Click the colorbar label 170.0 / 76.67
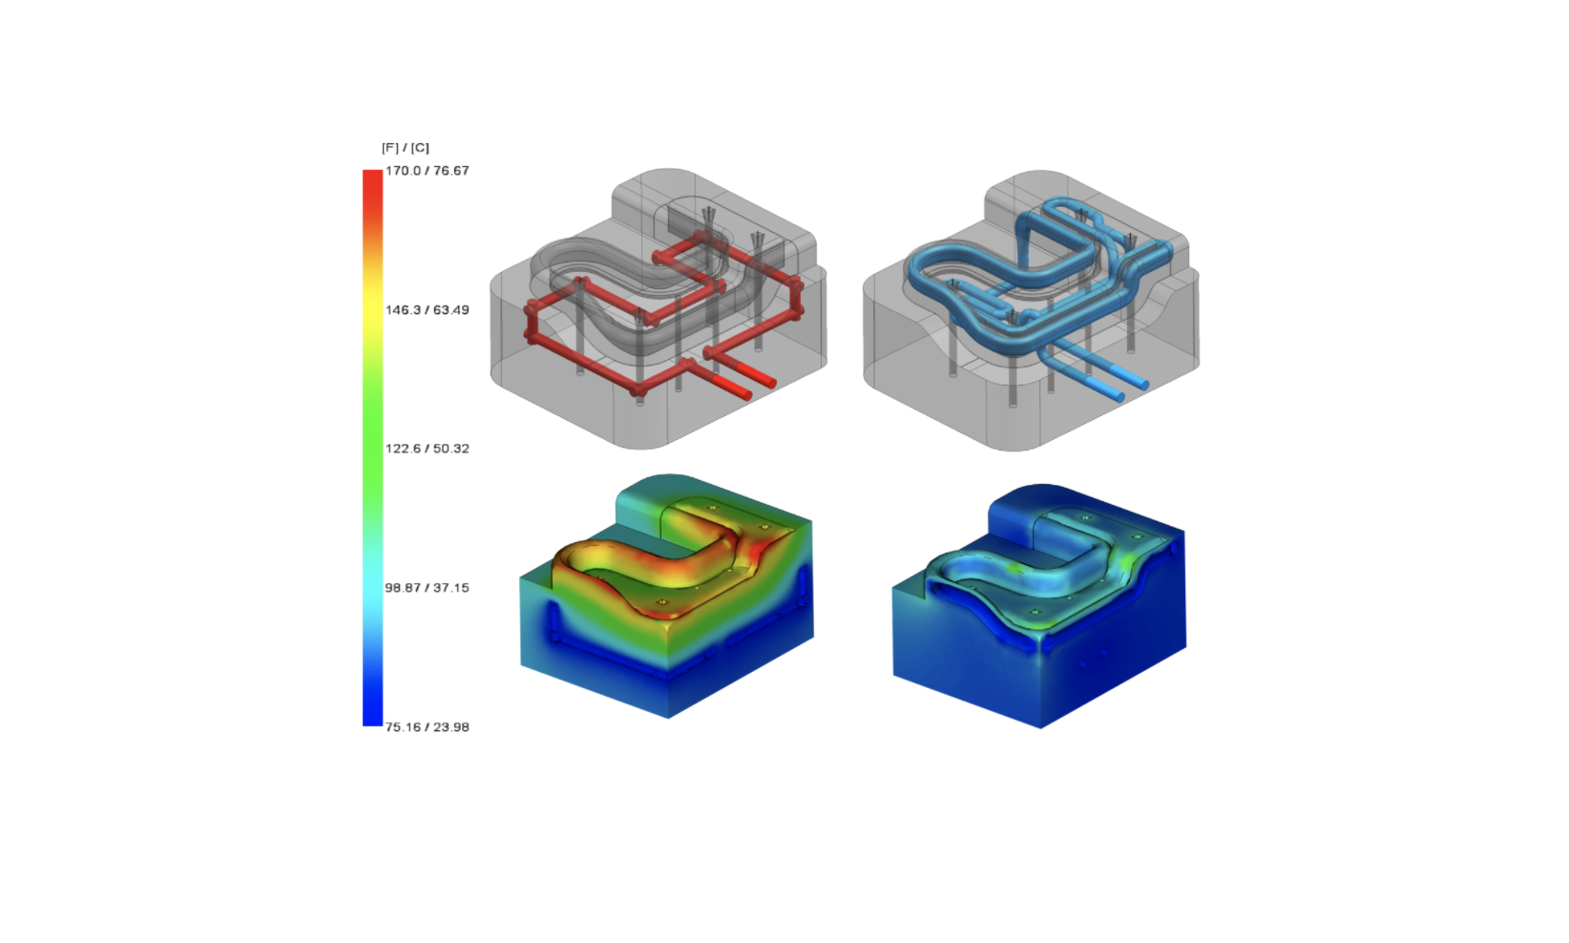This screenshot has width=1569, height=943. coord(427,171)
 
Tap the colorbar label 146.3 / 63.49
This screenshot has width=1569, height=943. coord(427,310)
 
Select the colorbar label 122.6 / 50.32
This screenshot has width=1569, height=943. coord(427,449)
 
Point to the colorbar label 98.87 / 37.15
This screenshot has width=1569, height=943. coord(427,588)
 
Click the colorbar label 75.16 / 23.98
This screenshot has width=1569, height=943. coord(427,727)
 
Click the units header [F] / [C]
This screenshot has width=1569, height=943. coord(406,148)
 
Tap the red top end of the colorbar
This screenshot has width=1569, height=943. coord(372,181)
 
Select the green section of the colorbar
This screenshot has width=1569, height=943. coord(372,449)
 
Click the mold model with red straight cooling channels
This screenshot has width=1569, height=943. coord(659,315)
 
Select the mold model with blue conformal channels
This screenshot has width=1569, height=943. coord(1031,315)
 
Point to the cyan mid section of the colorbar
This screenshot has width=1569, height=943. coord(372,573)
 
